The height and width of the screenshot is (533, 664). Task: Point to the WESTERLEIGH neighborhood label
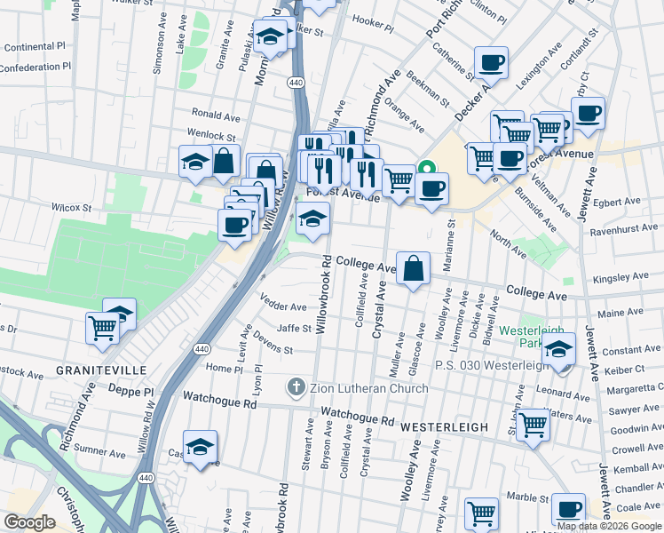click(444, 427)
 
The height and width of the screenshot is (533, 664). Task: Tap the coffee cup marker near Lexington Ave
click(491, 63)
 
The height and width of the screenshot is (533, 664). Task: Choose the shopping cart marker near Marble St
click(481, 513)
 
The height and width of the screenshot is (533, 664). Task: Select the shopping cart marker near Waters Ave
click(533, 423)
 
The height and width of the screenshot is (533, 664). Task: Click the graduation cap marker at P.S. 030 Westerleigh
click(558, 348)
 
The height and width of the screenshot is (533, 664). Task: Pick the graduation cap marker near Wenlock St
click(195, 161)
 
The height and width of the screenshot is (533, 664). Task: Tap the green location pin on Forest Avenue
click(426, 166)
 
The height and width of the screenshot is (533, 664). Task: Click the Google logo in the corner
click(29, 522)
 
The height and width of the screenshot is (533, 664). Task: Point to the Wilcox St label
click(72, 207)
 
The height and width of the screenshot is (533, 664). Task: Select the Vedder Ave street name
click(284, 306)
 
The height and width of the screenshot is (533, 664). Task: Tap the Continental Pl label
click(36, 47)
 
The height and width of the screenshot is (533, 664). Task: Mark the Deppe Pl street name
click(131, 390)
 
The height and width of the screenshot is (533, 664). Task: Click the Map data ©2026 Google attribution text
click(608, 526)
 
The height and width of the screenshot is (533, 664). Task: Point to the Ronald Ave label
click(217, 116)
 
